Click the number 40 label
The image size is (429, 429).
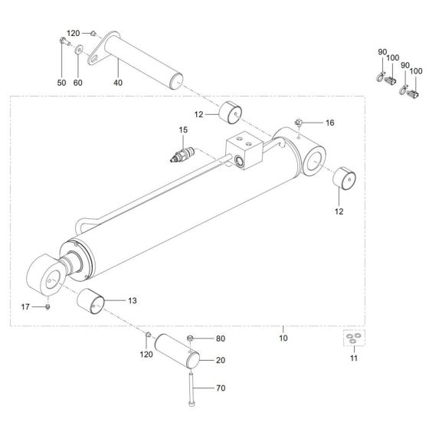click(117, 82)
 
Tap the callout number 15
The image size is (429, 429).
click(183, 130)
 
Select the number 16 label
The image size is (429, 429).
click(329, 123)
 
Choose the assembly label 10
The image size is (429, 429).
click(283, 338)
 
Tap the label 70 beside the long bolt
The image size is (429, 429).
click(221, 389)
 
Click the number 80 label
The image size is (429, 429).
click(221, 338)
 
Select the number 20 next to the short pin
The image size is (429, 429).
click(221, 360)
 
